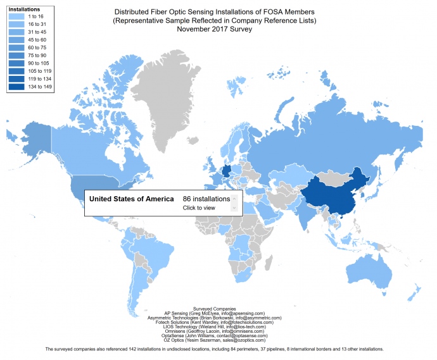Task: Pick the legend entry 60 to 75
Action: point(35,46)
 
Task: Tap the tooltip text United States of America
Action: point(131,199)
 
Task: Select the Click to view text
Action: point(198,208)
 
